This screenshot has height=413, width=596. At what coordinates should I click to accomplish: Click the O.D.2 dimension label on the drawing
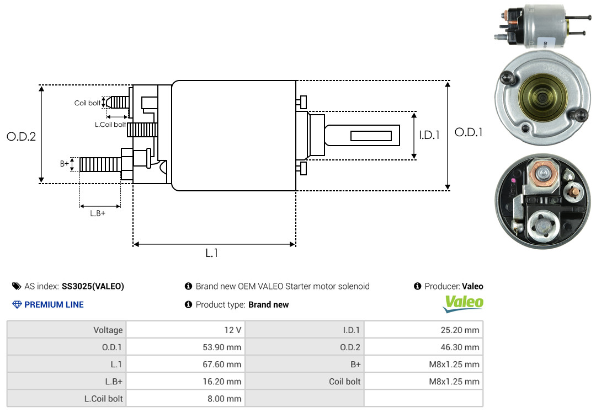22,137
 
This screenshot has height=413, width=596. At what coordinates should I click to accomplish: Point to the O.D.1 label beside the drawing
469,132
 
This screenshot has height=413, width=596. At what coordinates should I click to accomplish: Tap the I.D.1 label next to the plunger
429,135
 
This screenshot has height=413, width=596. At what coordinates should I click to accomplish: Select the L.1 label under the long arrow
212,253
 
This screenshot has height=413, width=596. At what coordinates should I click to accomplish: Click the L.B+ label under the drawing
98,213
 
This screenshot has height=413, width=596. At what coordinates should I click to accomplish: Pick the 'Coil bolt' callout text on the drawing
87,103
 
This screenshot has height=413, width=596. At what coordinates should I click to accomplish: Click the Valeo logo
464,304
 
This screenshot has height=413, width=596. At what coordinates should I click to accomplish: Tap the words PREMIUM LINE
54,305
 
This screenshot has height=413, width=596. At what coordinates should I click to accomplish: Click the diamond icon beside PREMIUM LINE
17,305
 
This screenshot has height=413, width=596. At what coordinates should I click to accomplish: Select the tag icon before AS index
17,286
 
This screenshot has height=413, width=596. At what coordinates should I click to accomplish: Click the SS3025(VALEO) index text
93,287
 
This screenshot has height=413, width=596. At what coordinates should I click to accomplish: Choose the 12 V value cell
185,330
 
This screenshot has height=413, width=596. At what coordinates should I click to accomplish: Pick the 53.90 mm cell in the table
185,347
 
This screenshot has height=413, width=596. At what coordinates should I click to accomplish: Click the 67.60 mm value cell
185,364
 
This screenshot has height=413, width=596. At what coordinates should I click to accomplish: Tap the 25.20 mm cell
423,330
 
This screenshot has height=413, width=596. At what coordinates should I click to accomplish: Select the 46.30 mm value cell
423,347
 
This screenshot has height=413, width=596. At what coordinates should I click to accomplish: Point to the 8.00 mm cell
185,399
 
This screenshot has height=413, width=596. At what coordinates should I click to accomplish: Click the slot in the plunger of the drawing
371,136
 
